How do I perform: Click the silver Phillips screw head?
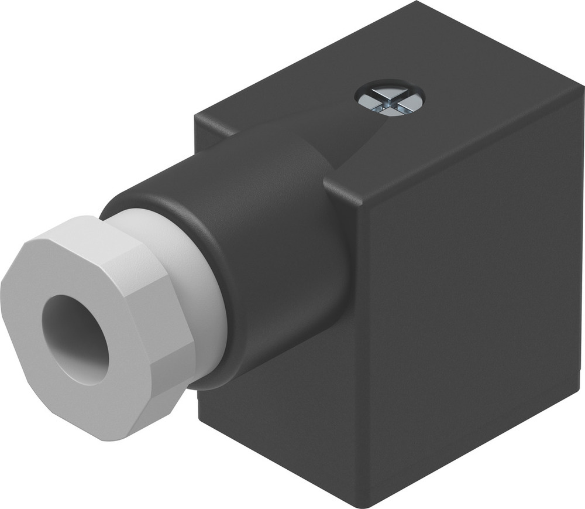[x=390, y=99]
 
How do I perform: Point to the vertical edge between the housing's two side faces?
[x=355, y=351]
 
